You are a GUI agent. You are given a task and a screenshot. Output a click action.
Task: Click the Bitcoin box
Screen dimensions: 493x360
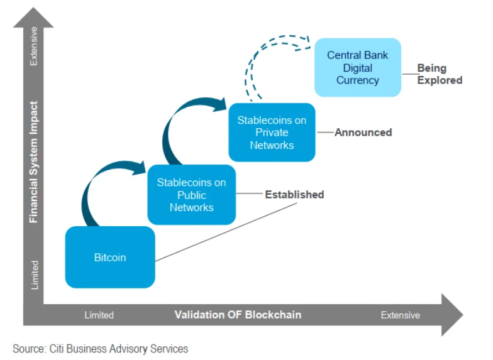(x=110, y=257)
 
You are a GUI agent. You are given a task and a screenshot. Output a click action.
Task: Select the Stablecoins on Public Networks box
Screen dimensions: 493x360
(x=191, y=195)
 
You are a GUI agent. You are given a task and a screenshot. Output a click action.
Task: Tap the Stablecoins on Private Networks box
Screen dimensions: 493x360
(x=272, y=133)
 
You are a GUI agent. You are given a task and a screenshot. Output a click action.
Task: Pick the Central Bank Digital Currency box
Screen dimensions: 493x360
(x=358, y=68)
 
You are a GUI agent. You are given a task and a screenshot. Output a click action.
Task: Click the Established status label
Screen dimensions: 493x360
(x=294, y=195)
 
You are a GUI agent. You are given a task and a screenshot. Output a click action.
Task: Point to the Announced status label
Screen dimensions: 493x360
(x=363, y=132)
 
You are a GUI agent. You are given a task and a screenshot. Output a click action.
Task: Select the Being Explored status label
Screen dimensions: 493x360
(x=440, y=74)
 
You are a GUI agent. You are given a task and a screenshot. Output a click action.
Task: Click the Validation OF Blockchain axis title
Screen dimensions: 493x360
(x=238, y=314)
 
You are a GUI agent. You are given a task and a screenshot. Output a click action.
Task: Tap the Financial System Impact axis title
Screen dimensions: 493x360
(x=33, y=162)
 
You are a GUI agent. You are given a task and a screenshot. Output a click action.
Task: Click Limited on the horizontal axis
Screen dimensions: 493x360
(x=99, y=315)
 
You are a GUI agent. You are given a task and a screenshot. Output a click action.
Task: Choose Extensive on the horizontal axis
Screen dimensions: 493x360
(x=400, y=315)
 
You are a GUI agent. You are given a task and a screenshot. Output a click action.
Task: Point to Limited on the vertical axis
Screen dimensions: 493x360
(x=34, y=275)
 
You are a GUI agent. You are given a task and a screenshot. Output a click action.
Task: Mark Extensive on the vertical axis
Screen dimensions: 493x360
(x=33, y=46)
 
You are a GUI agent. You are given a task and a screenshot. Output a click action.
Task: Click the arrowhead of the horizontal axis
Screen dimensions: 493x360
(x=452, y=315)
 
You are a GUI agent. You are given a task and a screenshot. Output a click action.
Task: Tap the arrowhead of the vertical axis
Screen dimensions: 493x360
(x=33, y=18)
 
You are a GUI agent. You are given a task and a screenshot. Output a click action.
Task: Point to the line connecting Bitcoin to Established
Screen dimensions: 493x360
(x=226, y=232)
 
